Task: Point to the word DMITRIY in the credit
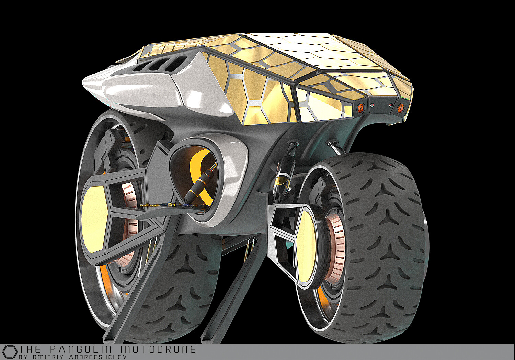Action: (x=42, y=357)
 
